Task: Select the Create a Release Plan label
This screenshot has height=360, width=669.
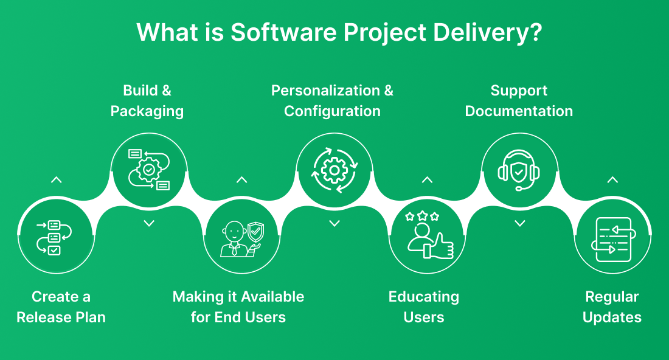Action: click(x=61, y=307)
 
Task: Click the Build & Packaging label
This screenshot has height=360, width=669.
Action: click(x=147, y=101)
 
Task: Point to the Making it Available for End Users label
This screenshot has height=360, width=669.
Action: click(x=238, y=307)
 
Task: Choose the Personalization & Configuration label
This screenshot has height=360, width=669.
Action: click(x=332, y=101)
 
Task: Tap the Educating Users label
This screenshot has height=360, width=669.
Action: click(x=424, y=307)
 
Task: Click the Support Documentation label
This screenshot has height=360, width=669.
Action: click(x=519, y=101)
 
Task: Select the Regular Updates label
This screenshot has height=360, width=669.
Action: click(x=612, y=307)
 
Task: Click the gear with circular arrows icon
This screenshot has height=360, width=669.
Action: click(x=334, y=170)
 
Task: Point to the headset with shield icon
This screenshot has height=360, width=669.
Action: click(x=519, y=170)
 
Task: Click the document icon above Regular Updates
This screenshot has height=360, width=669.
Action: click(x=613, y=239)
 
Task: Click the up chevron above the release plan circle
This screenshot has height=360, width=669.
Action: click(x=56, y=180)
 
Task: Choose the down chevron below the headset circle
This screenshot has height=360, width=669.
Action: click(x=519, y=223)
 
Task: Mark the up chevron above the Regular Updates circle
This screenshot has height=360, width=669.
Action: click(x=612, y=180)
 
